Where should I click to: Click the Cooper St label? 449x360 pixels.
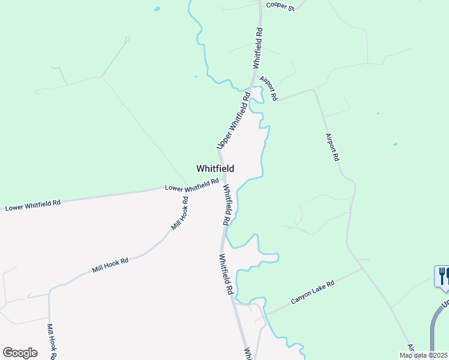point(280,7)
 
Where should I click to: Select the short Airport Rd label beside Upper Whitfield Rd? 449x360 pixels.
point(268,88)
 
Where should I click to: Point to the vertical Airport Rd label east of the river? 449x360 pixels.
point(333,147)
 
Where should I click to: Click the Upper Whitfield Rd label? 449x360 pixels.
point(234,121)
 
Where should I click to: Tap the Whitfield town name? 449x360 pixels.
point(215,169)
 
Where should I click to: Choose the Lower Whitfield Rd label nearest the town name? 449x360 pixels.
point(191,186)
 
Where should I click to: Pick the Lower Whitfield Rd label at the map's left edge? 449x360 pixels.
point(32,205)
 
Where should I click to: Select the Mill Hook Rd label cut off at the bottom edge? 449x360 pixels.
point(52,341)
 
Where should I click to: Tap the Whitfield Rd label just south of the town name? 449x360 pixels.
point(227,205)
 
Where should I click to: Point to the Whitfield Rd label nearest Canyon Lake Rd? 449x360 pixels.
point(226,274)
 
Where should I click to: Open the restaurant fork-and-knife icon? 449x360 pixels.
point(442,275)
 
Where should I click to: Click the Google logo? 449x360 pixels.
point(20,352)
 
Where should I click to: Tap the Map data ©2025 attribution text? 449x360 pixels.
point(423,355)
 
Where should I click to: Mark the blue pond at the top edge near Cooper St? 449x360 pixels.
point(157,9)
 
